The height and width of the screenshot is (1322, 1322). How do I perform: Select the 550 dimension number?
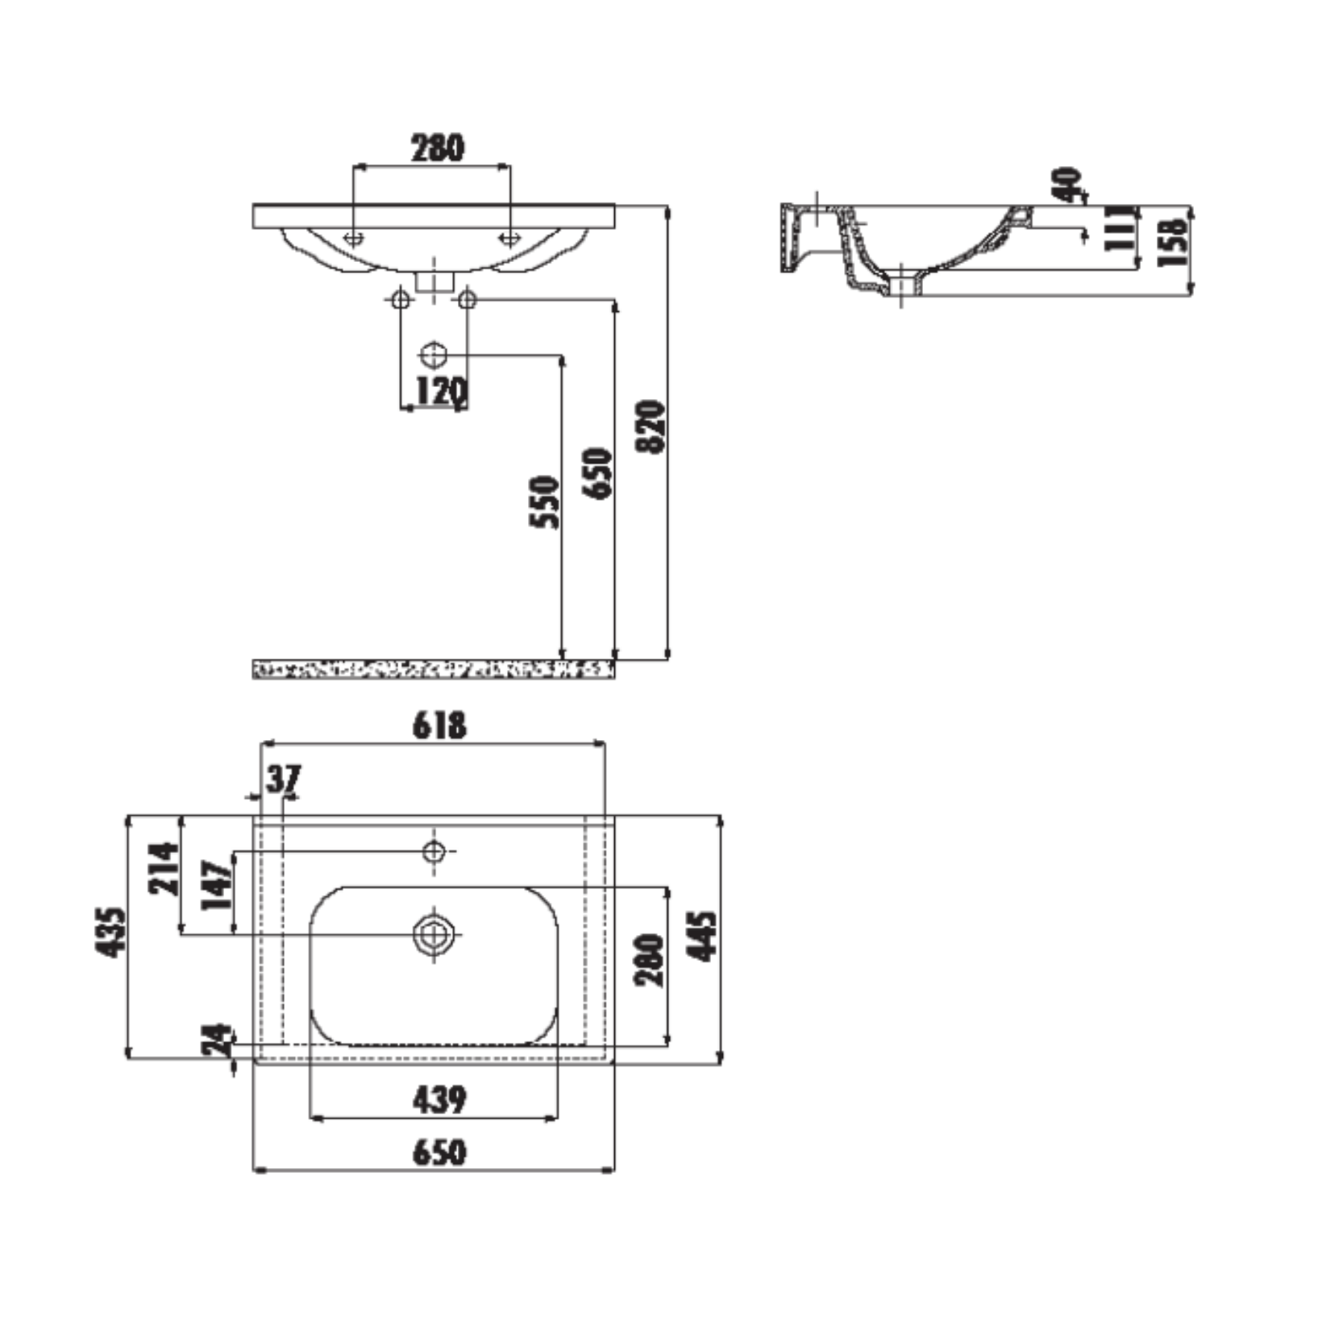coord(545,501)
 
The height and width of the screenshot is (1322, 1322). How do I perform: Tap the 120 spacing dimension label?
coord(441,391)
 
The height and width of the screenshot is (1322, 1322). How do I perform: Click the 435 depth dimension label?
coord(111,933)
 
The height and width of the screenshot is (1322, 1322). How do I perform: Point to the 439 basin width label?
coord(439,1099)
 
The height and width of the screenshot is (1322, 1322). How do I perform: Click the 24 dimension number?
coord(215,1040)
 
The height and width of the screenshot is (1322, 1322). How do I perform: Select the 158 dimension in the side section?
coord(1174,243)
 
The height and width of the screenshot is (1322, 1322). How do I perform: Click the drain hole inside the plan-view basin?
coord(434,933)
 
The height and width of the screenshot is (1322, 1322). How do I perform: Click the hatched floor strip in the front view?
coord(434,668)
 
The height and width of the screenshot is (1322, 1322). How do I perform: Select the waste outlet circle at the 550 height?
coord(434,355)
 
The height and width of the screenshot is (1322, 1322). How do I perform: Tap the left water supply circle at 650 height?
coord(400,300)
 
